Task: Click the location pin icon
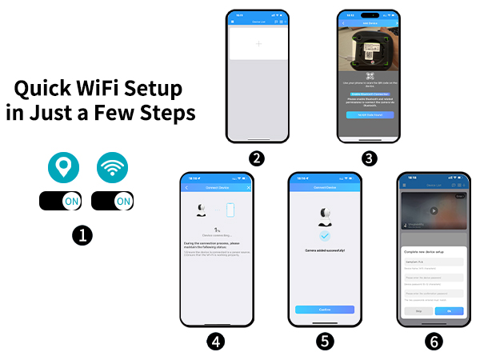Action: pyautogui.click(x=62, y=166)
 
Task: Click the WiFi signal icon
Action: pyautogui.click(x=113, y=166)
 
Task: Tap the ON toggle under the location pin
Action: pyautogui.click(x=61, y=201)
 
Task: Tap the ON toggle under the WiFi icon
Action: pyautogui.click(x=113, y=201)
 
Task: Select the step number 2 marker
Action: pyautogui.click(x=257, y=158)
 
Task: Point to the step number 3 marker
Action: pyautogui.click(x=369, y=158)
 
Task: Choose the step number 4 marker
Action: pyautogui.click(x=215, y=341)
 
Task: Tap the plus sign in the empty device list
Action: pyautogui.click(x=258, y=45)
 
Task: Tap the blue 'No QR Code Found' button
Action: pyautogui.click(x=370, y=115)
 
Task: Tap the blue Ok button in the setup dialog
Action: pyautogui.click(x=449, y=310)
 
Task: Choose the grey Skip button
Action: pyautogui.click(x=418, y=310)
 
